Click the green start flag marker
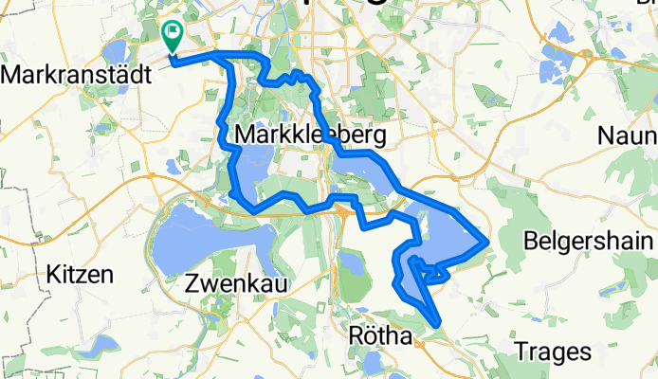[173, 35]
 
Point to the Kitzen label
[80, 275]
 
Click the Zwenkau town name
[236, 282]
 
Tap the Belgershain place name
[579, 238]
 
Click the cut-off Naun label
[628, 135]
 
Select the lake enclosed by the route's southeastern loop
[446, 237]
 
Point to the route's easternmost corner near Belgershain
[487, 242]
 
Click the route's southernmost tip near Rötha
[437, 325]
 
